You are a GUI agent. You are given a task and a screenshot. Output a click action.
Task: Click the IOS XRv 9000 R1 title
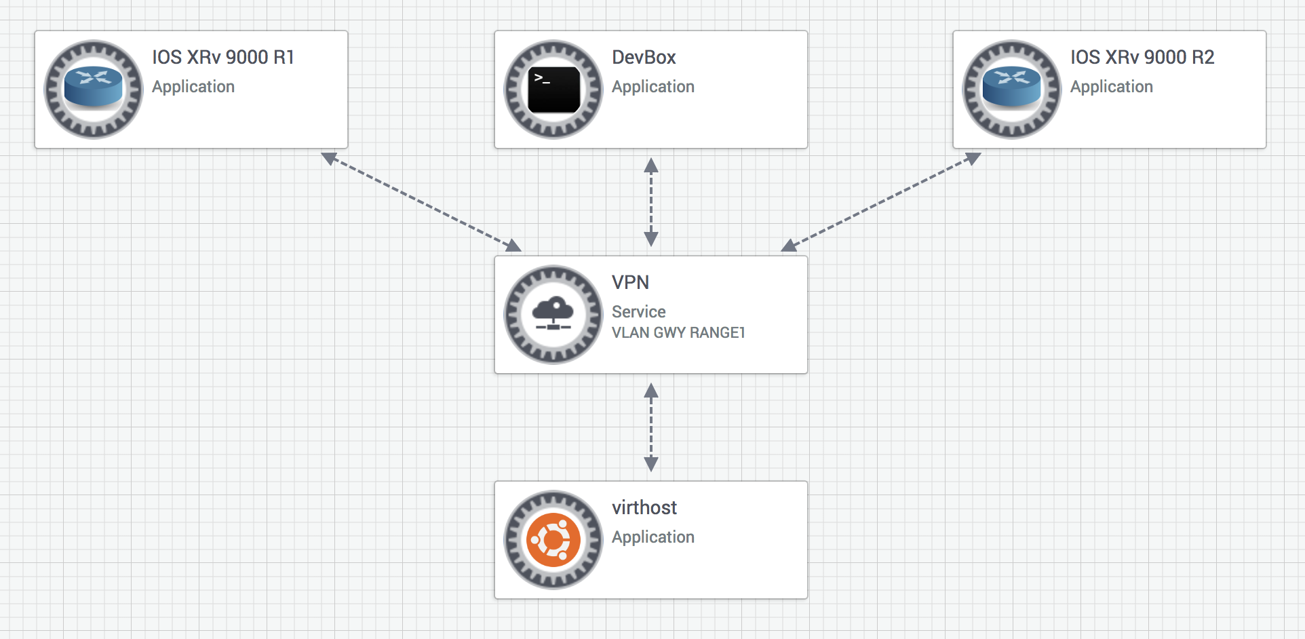pyautogui.click(x=222, y=58)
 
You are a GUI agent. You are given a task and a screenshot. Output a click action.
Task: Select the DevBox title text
pyautogui.click(x=644, y=58)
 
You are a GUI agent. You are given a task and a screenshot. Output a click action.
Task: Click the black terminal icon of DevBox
pyautogui.click(x=553, y=89)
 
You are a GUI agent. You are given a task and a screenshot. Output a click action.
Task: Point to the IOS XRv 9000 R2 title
pyautogui.click(x=1142, y=58)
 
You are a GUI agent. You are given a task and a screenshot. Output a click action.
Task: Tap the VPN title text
pyautogui.click(x=630, y=282)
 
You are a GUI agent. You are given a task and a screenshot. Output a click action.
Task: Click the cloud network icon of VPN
pyautogui.click(x=553, y=314)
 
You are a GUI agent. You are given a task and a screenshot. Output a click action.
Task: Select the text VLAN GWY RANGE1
pyautogui.click(x=678, y=332)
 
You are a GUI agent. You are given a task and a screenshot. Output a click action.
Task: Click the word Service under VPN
pyautogui.click(x=638, y=311)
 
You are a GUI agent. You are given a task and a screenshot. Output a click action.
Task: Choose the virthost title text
pyautogui.click(x=644, y=507)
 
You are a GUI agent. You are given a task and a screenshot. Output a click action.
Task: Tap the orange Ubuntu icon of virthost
pyautogui.click(x=553, y=540)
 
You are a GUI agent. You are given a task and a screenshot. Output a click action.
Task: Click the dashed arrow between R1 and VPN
pyautogui.click(x=421, y=201)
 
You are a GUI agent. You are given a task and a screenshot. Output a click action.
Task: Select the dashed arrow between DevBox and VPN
pyautogui.click(x=651, y=202)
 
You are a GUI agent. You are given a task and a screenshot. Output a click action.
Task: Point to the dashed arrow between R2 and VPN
pyautogui.click(x=881, y=201)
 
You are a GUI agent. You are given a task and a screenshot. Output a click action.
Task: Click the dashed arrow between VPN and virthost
pyautogui.click(x=651, y=427)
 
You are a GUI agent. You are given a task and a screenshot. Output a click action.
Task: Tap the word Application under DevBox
pyautogui.click(x=653, y=87)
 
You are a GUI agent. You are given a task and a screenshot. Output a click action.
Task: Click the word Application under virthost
pyautogui.click(x=653, y=537)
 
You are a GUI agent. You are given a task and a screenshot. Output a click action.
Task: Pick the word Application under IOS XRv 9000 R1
pyautogui.click(x=193, y=87)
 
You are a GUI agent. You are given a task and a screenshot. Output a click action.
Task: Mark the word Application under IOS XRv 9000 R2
pyautogui.click(x=1112, y=87)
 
